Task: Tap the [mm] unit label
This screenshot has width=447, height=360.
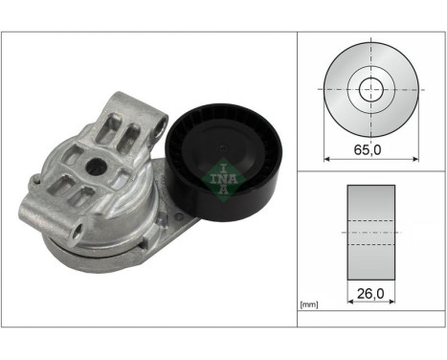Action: pos(309,305)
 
